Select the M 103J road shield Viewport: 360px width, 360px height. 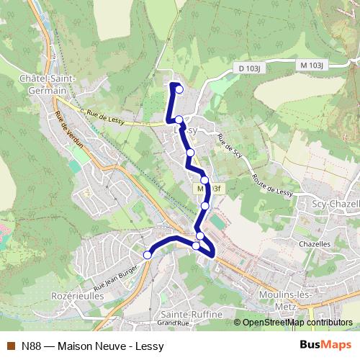(x=313, y=65)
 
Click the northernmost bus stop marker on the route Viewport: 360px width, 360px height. (x=179, y=90)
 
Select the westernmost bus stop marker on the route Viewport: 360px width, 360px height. (x=148, y=254)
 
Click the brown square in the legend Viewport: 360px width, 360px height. (x=10, y=346)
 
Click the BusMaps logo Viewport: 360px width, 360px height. (x=325, y=345)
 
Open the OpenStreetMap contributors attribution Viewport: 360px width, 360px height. (x=297, y=323)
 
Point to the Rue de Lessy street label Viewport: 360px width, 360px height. (x=104, y=118)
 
